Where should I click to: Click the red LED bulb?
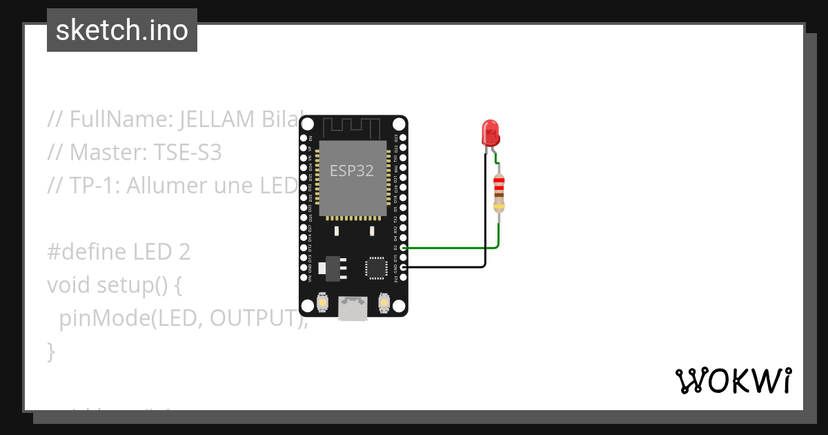tap(490, 132)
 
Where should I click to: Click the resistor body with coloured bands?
tap(499, 193)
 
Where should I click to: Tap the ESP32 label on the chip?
tap(352, 171)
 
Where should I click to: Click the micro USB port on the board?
tap(353, 309)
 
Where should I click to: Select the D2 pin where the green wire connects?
tap(404, 247)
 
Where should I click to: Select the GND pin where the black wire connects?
tap(404, 267)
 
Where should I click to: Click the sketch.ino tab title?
tap(122, 30)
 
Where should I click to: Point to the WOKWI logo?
tap(733, 380)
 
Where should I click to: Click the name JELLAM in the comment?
tap(217, 119)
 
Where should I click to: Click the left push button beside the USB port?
tap(322, 302)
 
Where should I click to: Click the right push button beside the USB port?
tap(384, 302)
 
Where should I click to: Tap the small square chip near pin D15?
tap(377, 267)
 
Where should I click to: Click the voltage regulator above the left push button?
tap(332, 267)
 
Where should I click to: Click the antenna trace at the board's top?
tap(352, 126)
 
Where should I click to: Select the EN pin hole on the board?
tap(304, 138)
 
